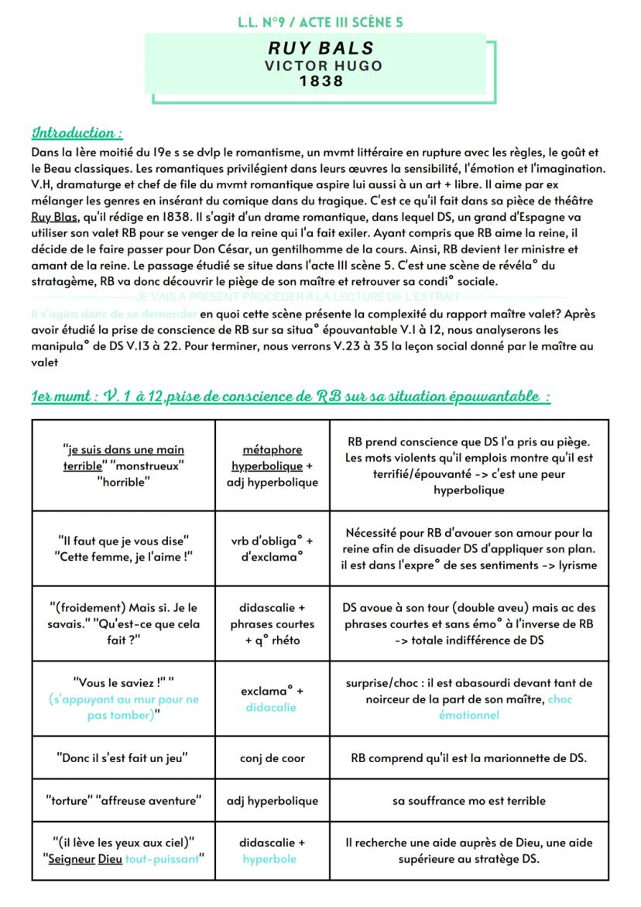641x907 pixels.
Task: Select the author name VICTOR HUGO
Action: pos(323,66)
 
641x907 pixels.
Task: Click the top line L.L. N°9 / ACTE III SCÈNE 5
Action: pos(321,23)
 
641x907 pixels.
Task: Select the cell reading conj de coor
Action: pos(273,758)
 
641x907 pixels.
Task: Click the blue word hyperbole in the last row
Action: pos(273,858)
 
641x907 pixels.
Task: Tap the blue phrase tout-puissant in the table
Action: pos(165,858)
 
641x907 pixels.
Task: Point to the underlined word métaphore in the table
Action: pos(273,449)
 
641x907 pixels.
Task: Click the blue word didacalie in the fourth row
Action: pos(273,708)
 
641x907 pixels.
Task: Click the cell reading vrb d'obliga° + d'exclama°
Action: pos(273,548)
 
